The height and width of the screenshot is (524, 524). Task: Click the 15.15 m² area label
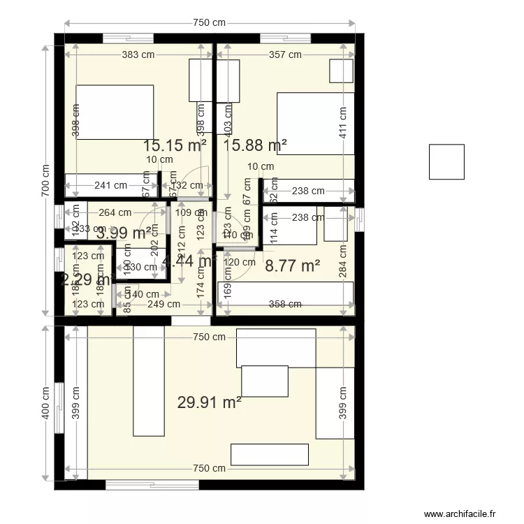(x=175, y=145)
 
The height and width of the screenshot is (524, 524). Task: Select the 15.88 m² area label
(x=255, y=145)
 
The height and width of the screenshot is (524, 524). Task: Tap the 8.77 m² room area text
(x=293, y=265)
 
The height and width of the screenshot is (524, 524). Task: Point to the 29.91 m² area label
(x=210, y=402)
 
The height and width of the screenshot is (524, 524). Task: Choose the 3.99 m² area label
(x=124, y=233)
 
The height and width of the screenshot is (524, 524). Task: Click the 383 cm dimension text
(x=138, y=54)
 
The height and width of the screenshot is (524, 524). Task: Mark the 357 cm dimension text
(x=285, y=54)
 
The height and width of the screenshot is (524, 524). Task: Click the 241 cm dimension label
(x=111, y=186)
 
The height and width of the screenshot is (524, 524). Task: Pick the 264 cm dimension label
(x=115, y=213)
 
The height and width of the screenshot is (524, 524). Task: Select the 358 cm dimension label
(x=285, y=304)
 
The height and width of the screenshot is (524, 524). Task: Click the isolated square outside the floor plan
(x=446, y=161)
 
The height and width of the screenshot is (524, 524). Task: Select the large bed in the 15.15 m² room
(x=115, y=112)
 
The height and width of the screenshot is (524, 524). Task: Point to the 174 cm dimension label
(x=201, y=288)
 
